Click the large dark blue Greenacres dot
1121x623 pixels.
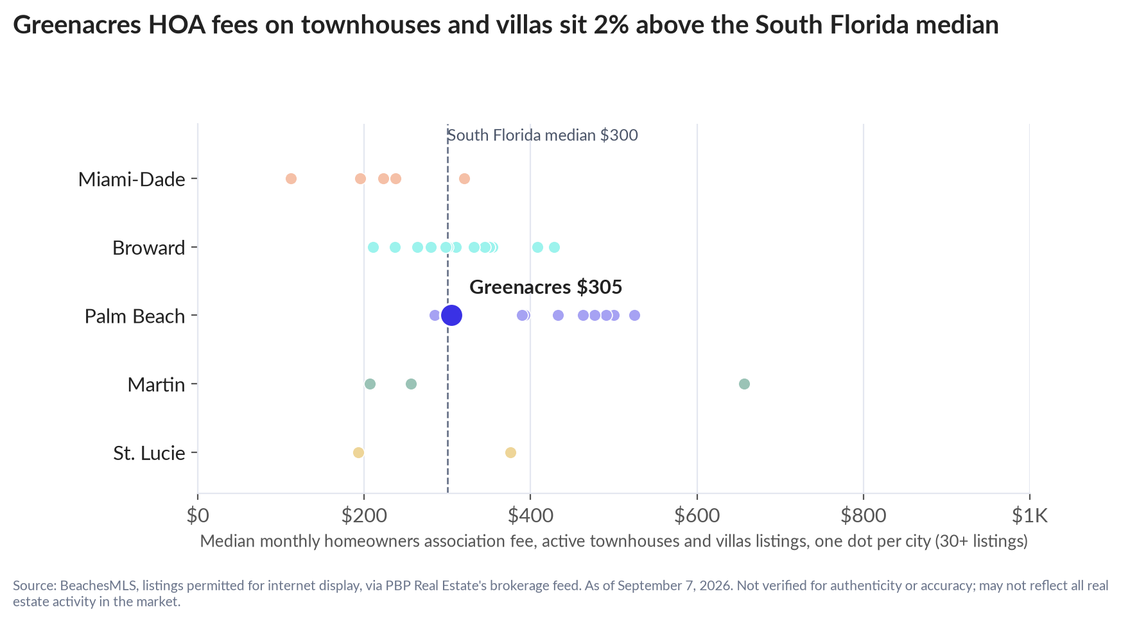452,315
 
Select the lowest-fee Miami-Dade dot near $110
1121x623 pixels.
291,178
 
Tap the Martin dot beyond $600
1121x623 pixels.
744,384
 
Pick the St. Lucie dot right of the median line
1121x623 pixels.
510,452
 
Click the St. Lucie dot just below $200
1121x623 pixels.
358,452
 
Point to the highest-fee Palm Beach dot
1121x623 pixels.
634,315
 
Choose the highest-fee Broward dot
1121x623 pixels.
554,247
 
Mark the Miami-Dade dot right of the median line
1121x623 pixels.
464,178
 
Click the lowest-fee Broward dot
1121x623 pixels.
373,247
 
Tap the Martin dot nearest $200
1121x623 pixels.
370,384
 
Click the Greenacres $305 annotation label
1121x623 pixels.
546,287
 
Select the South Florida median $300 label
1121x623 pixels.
543,135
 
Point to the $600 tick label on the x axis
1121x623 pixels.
697,515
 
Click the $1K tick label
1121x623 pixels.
1029,515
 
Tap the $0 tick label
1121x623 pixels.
198,515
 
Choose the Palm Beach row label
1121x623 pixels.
135,316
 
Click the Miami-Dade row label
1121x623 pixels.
132,179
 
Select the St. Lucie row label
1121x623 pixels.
149,453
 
